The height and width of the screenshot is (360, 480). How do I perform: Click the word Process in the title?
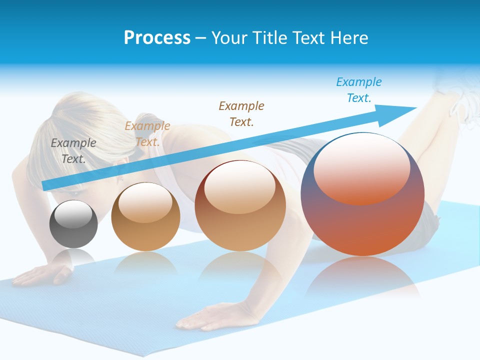(157, 38)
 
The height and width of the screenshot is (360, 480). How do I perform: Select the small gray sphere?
(73, 224)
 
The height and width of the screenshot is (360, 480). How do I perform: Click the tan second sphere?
(145, 216)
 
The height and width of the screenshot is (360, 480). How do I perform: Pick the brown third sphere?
(240, 205)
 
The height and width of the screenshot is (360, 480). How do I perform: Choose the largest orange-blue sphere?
(362, 194)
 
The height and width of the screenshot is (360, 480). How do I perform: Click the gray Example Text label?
(73, 150)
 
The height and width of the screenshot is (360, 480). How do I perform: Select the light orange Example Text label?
(147, 133)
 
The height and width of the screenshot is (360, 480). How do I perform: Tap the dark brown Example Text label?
(241, 113)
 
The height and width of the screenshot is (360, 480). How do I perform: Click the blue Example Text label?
(359, 89)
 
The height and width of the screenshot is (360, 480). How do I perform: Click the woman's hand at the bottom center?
(210, 315)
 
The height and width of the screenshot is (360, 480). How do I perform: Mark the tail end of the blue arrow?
(46, 185)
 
